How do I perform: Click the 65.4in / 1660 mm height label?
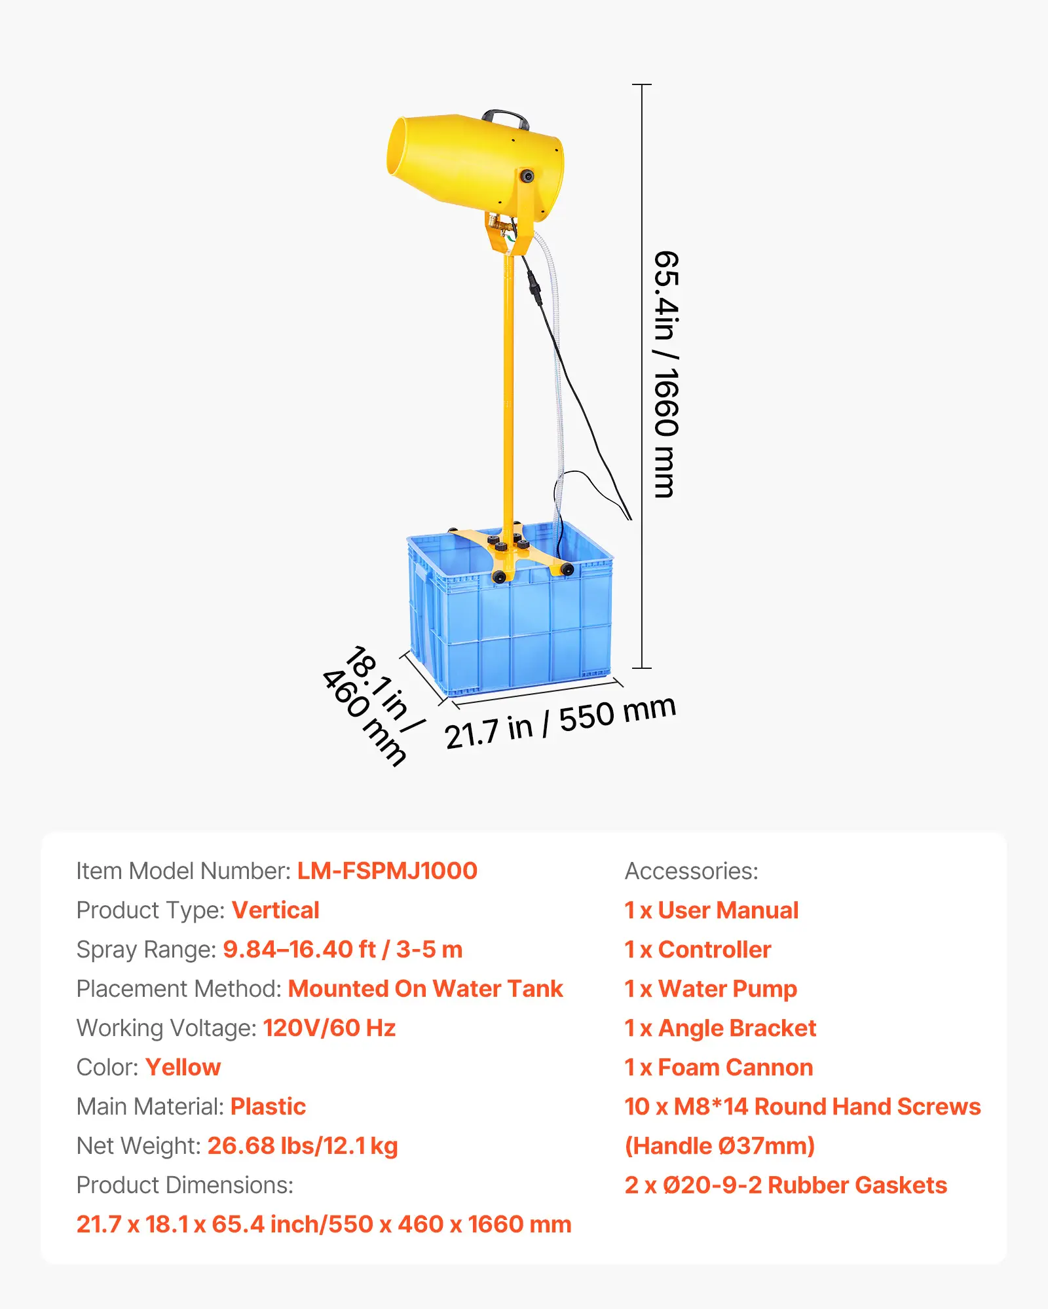tap(667, 374)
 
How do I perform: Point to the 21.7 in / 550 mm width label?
tap(560, 722)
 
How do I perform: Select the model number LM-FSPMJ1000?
tap(387, 871)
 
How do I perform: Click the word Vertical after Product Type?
tap(275, 910)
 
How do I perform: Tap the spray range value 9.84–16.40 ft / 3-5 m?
tap(343, 950)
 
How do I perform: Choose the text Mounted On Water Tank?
tap(425, 989)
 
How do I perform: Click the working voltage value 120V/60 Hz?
tap(329, 1028)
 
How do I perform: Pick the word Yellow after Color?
tap(183, 1067)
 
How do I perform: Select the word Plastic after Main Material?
tap(268, 1107)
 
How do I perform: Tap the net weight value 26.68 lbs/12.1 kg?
tap(303, 1146)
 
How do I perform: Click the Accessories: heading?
tap(691, 871)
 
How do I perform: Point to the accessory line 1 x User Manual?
tap(711, 910)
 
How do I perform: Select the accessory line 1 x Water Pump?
tap(711, 989)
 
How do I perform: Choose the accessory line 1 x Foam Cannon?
tap(719, 1067)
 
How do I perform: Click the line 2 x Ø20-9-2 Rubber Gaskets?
tap(785, 1185)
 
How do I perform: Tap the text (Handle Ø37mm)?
tap(719, 1146)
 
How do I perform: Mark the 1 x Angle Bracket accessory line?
tap(720, 1028)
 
